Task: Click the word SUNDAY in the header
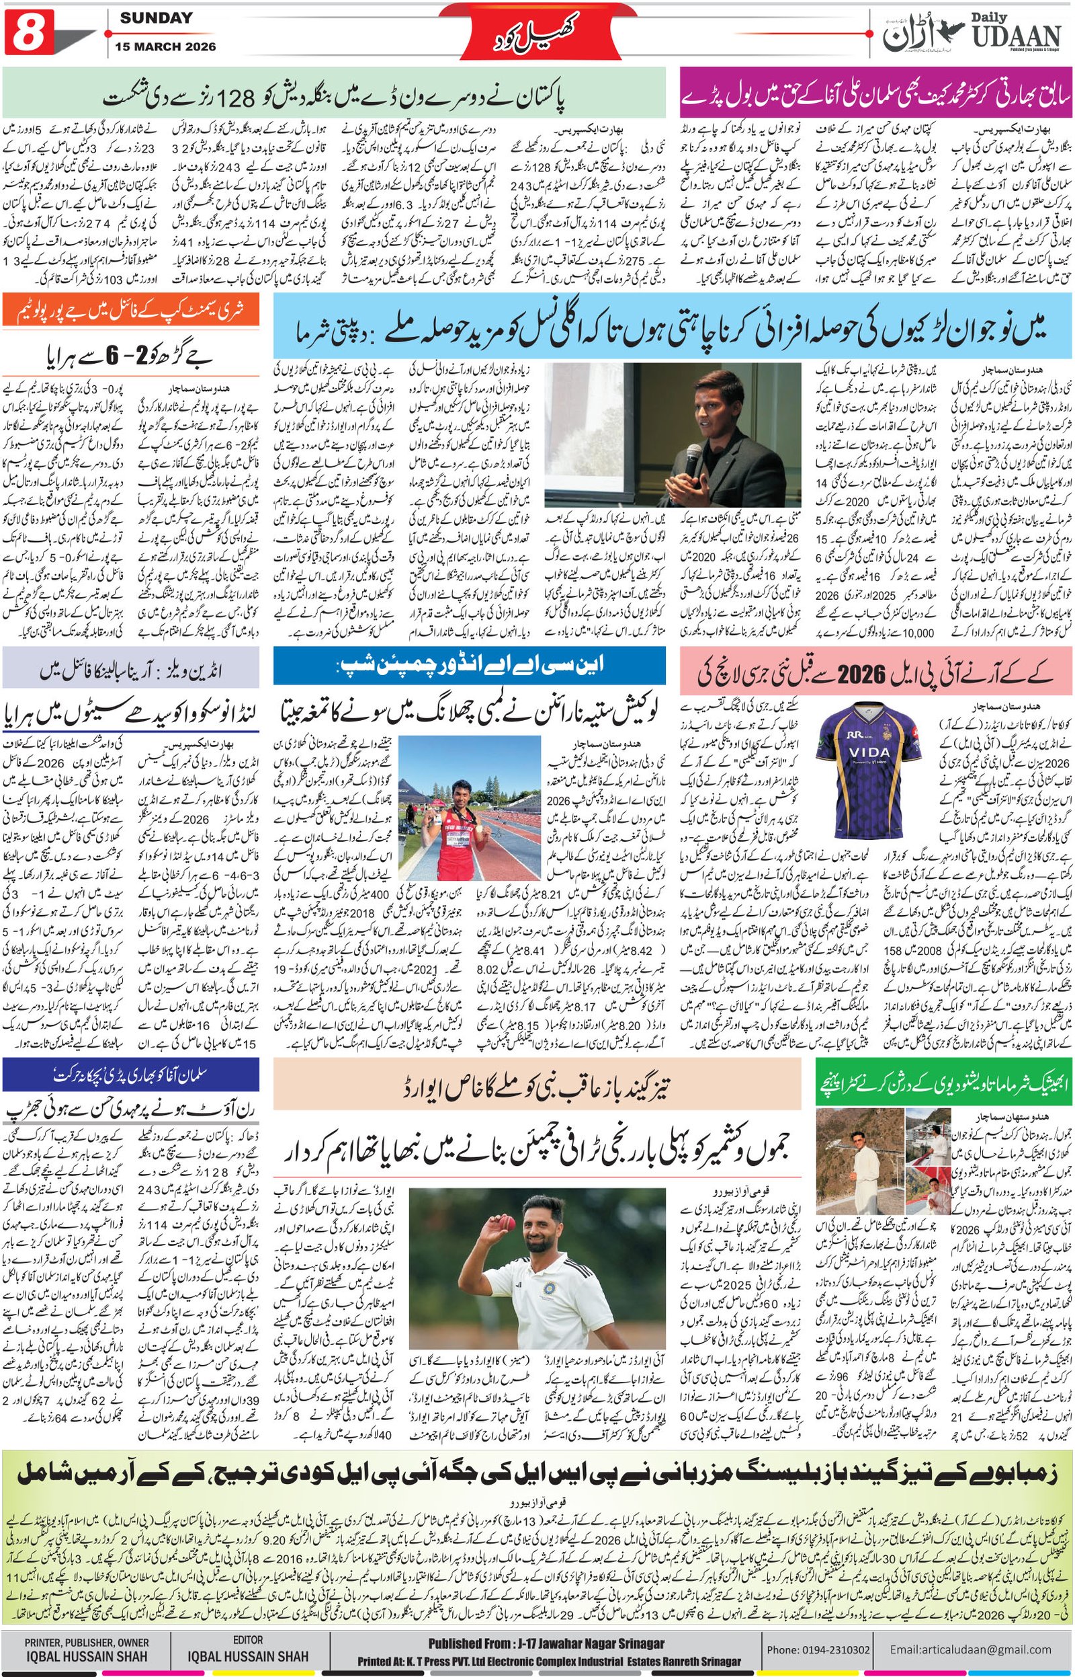[x=156, y=19]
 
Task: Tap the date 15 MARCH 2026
[x=167, y=47]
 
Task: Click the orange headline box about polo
[x=130, y=309]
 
